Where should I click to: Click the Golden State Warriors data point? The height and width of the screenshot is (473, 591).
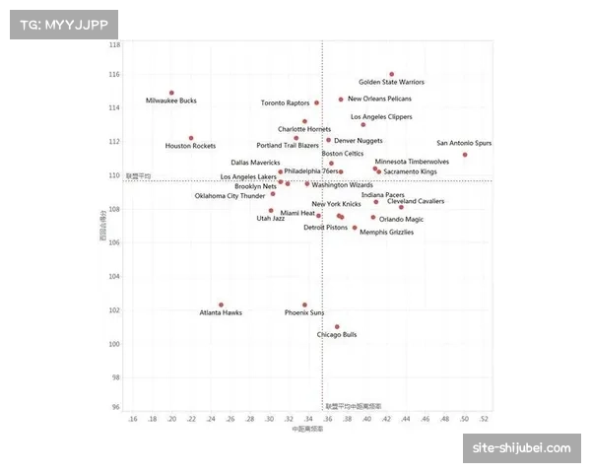[391, 74]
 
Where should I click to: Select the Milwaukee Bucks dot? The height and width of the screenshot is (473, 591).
[171, 93]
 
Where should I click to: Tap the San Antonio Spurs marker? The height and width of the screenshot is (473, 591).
[465, 155]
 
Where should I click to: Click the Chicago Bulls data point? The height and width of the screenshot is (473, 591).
[337, 327]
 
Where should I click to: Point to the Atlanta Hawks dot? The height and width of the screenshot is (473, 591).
[221, 304]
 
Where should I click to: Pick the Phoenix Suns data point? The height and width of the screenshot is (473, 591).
[304, 304]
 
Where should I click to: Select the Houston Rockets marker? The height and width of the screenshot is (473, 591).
[191, 138]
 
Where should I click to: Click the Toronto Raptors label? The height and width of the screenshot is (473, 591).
[285, 102]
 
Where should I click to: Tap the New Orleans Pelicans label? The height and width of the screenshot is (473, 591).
[379, 99]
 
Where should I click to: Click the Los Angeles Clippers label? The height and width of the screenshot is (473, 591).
[381, 117]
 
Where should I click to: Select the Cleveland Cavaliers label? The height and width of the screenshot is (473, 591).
[416, 201]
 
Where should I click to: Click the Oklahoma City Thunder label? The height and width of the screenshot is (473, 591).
[230, 195]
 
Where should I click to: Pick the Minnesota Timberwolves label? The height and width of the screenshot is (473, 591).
[412, 162]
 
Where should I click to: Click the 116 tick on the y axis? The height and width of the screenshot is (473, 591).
[115, 74]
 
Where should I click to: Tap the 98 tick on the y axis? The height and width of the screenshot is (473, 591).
[115, 377]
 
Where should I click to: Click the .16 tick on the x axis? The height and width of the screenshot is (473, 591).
[133, 419]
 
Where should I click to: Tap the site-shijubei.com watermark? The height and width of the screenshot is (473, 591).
[521, 448]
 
